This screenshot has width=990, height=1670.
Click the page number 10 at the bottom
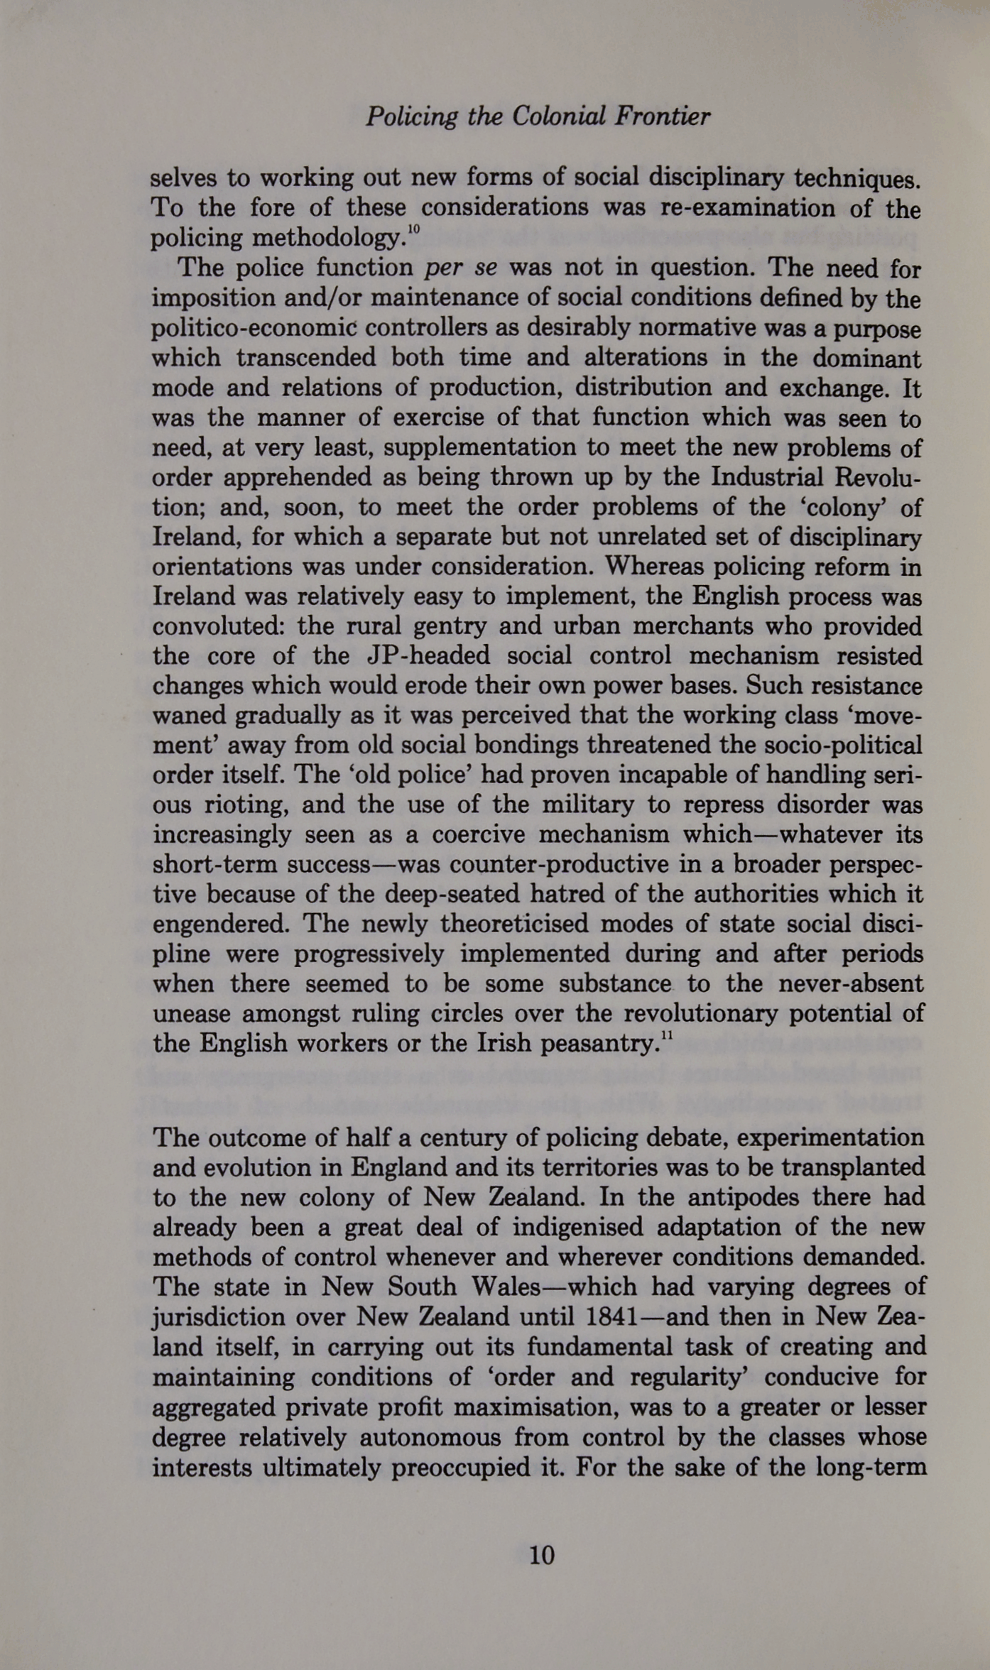541,1555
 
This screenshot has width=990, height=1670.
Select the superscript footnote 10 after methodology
415,229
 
